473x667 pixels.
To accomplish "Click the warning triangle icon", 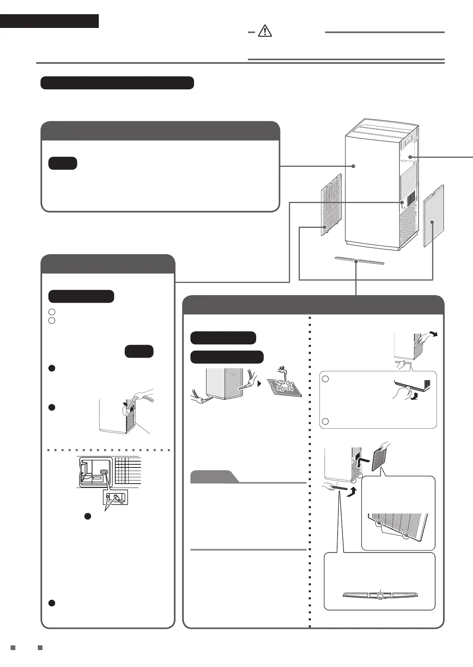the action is click(265, 31).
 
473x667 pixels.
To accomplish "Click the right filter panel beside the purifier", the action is click(433, 215).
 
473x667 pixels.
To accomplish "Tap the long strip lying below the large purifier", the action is click(358, 261).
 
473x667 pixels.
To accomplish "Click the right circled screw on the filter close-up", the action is click(406, 535).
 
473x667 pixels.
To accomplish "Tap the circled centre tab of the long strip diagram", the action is click(380, 597).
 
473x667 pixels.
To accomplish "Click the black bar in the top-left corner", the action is click(49, 21).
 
